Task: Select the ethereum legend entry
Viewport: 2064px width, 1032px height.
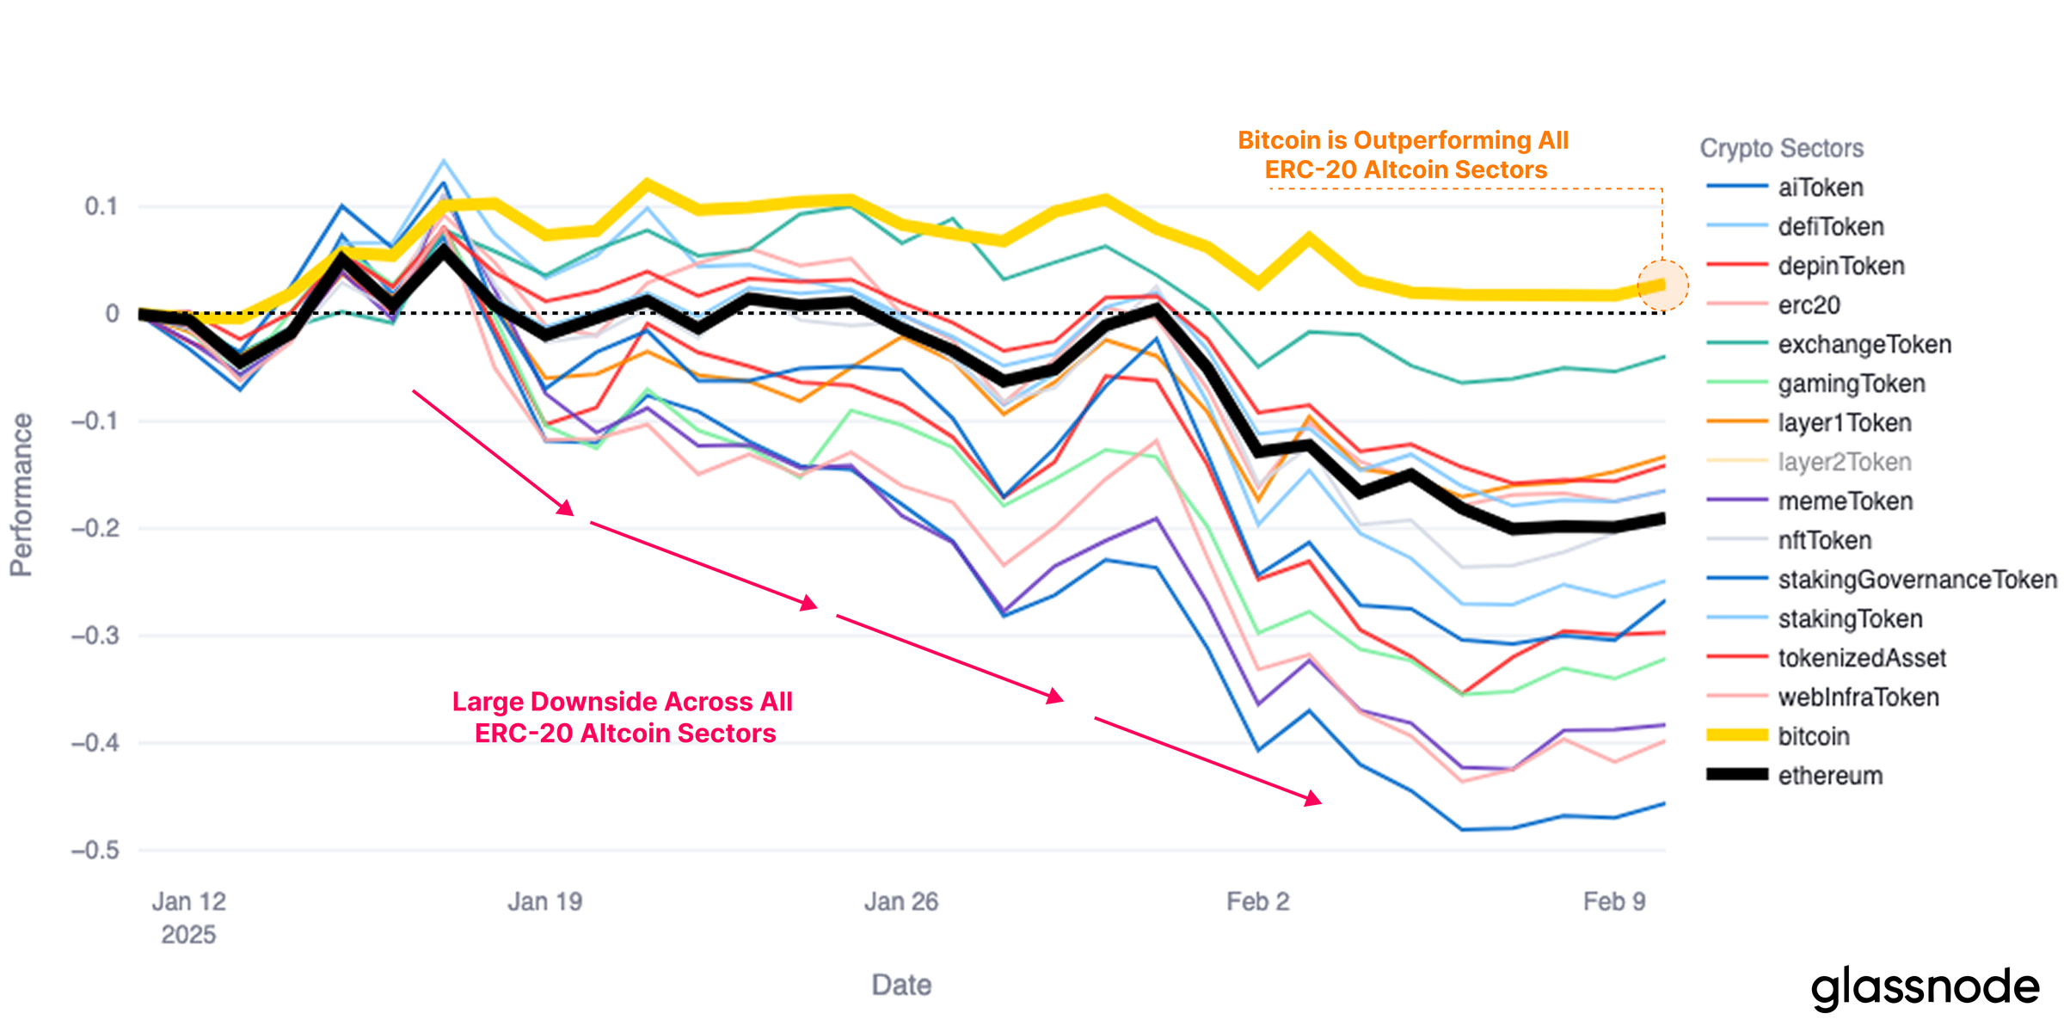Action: pos(1829,776)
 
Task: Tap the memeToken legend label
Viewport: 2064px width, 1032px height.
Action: pos(1845,501)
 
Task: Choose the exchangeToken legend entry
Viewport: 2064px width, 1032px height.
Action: pos(1864,345)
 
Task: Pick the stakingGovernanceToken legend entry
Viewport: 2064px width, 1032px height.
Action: pos(1916,580)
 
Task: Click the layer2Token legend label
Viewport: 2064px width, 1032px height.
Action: pos(1844,463)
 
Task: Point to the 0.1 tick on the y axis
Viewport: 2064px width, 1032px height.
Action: pos(101,206)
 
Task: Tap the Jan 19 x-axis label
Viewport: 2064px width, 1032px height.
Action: pos(544,901)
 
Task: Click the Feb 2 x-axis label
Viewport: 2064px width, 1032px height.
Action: pos(1257,901)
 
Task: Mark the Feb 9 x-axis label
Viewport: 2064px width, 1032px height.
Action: pos(1614,901)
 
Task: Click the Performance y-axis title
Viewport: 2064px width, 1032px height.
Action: pos(21,494)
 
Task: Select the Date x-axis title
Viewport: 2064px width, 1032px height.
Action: pos(901,985)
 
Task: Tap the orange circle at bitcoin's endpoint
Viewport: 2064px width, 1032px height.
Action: pos(1662,285)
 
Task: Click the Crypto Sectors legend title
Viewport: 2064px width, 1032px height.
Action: pos(1781,148)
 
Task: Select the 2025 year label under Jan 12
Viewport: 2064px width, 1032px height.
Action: pos(188,935)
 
